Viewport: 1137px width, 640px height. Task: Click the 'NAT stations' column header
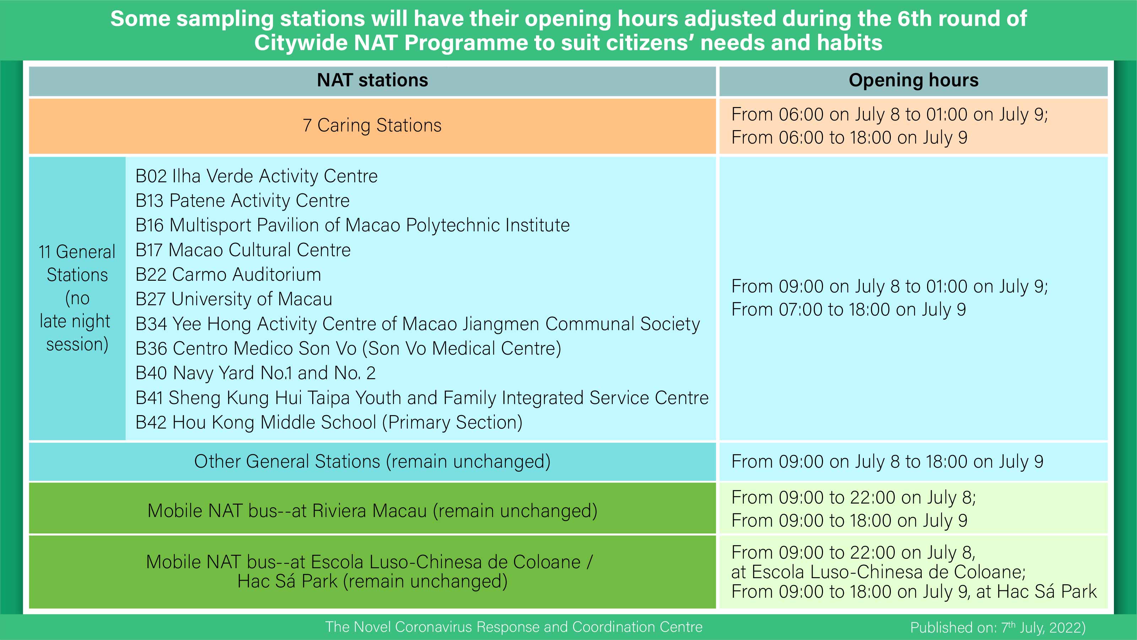click(372, 80)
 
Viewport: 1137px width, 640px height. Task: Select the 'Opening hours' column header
click(913, 80)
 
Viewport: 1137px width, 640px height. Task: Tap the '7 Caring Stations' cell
click(372, 125)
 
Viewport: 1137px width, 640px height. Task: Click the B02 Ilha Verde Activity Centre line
click(256, 176)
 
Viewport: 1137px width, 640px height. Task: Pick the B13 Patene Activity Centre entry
click(242, 200)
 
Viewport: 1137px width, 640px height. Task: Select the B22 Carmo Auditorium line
click(228, 275)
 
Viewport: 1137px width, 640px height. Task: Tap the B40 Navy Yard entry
click(255, 373)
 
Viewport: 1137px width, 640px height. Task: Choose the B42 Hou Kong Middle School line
click(329, 422)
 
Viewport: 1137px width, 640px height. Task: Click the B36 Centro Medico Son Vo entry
click(348, 349)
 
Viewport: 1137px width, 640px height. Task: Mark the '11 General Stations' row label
click(77, 298)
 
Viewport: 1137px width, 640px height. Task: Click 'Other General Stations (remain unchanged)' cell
click(372, 462)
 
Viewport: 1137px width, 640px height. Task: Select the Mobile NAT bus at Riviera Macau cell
click(372, 511)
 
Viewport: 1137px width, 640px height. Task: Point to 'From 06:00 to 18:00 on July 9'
click(849, 138)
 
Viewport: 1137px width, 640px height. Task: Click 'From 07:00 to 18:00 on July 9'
click(848, 309)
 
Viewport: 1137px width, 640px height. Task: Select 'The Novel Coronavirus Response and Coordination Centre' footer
click(514, 627)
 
